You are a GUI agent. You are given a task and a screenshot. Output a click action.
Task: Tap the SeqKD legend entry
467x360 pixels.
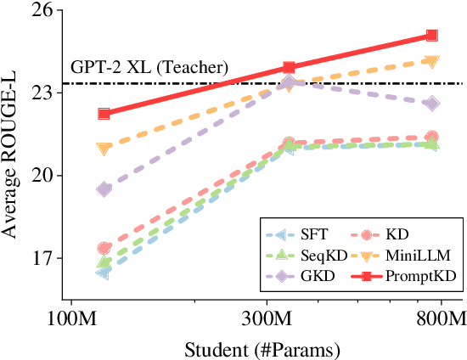(318, 253)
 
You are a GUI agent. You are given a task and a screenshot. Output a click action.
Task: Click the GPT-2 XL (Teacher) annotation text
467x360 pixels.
(149, 66)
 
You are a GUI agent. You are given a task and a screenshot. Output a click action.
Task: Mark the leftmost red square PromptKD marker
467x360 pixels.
(104, 114)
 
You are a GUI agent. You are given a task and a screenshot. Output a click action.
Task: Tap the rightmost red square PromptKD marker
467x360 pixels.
(432, 36)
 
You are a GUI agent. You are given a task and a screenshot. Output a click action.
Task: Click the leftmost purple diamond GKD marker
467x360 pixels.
(104, 189)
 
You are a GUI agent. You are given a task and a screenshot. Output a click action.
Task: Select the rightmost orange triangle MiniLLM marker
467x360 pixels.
(432, 61)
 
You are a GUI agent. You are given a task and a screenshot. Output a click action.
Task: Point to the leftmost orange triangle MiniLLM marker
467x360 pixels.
(104, 149)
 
